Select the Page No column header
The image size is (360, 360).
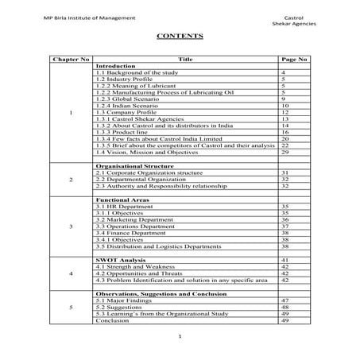(x=295, y=60)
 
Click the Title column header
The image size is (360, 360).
(x=186, y=60)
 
